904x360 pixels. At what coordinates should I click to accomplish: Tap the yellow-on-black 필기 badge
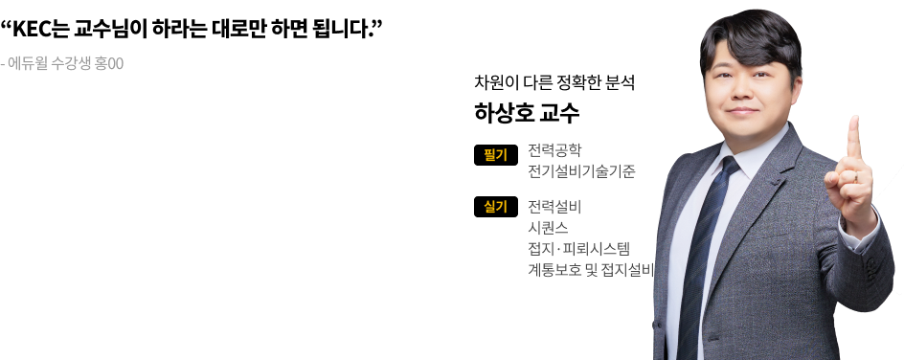click(x=496, y=155)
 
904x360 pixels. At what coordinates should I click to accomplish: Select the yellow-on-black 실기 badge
click(x=496, y=207)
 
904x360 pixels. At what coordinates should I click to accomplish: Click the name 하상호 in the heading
click(x=504, y=113)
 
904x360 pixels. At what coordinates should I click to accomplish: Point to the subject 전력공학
click(x=554, y=150)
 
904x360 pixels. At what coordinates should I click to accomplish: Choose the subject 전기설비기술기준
click(x=581, y=171)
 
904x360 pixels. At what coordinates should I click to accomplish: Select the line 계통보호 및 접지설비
click(x=591, y=270)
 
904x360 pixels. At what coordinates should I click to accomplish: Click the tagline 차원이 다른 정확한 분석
click(x=554, y=82)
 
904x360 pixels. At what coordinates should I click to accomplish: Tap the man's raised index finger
click(x=854, y=138)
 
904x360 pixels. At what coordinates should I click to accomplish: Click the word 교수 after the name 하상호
click(x=559, y=113)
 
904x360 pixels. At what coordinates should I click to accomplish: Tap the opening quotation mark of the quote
click(x=7, y=25)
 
